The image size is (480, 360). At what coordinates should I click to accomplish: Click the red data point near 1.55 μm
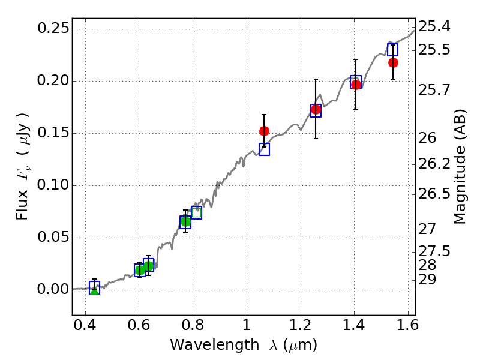(x=393, y=62)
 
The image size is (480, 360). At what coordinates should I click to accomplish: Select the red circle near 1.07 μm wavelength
(x=264, y=131)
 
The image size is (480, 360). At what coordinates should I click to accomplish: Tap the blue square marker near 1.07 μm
(x=264, y=149)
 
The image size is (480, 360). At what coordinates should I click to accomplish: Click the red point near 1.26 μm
(x=316, y=109)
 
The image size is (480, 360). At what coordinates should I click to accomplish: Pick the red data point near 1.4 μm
(x=356, y=85)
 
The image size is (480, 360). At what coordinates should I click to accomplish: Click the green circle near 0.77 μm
(x=185, y=221)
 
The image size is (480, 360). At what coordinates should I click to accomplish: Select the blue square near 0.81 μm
(x=196, y=212)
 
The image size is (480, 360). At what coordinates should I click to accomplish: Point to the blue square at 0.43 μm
(x=94, y=287)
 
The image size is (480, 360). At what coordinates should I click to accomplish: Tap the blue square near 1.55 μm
(x=392, y=50)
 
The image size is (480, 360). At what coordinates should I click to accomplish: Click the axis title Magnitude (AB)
(x=460, y=167)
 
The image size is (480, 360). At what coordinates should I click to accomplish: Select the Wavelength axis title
(x=243, y=345)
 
